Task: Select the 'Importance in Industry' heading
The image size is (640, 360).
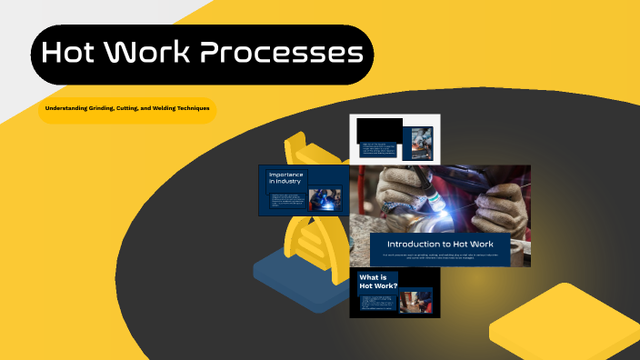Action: pos(286,178)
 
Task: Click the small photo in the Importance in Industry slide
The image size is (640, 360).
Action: pos(325,199)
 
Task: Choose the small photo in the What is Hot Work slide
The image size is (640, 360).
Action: pos(416,301)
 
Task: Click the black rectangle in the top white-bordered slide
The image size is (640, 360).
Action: pos(379,130)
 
